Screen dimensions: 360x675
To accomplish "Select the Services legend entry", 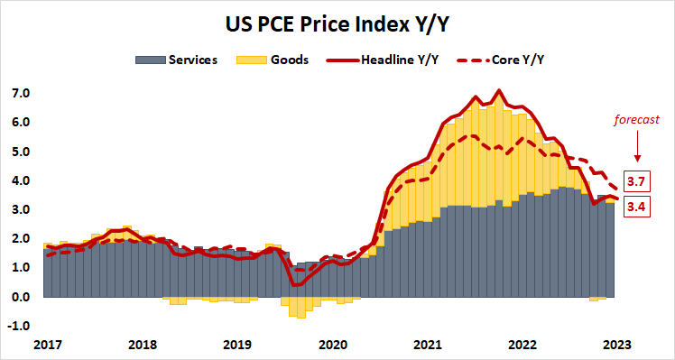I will tap(191, 60).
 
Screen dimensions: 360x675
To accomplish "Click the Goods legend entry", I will tap(288, 60).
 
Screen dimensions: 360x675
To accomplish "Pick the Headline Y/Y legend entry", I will tap(400, 60).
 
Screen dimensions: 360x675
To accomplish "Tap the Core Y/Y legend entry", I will tap(517, 60).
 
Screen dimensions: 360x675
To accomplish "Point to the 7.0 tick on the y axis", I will tap(21, 93).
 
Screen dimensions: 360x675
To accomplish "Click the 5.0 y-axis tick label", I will tap(21, 152).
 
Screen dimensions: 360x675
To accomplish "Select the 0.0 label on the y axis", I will tap(21, 297).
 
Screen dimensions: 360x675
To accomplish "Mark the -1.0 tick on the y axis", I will tap(20, 326).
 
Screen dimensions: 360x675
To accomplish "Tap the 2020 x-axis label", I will tap(333, 344).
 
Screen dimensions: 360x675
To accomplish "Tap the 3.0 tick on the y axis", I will tap(21, 209).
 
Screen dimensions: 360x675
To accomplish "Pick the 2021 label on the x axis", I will tap(429, 344).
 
